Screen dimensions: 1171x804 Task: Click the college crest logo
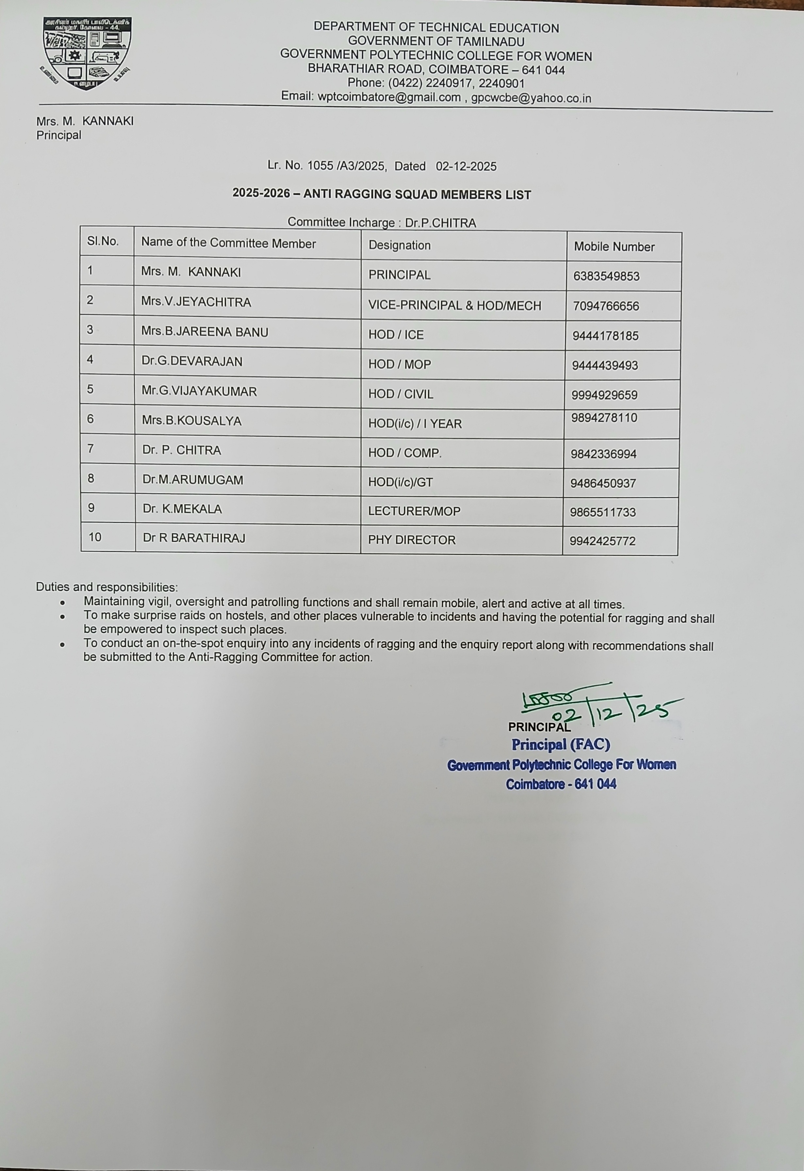[x=87, y=54]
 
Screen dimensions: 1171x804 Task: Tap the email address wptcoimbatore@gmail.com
[x=389, y=97]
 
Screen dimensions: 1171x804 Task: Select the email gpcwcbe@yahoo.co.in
[x=531, y=98]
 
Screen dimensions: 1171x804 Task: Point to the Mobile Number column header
[x=614, y=247]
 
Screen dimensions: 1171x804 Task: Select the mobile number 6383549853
[x=606, y=276]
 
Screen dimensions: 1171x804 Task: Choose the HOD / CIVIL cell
[x=401, y=394]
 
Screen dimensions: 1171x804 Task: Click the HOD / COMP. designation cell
[x=405, y=453]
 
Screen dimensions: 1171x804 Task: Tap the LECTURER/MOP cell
[x=414, y=511]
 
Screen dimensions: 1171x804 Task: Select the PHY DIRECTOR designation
[x=411, y=540]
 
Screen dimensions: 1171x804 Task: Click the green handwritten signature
[x=595, y=705]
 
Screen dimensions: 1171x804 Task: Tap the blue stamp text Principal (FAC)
[x=561, y=745]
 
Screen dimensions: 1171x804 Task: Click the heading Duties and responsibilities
[x=107, y=587]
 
